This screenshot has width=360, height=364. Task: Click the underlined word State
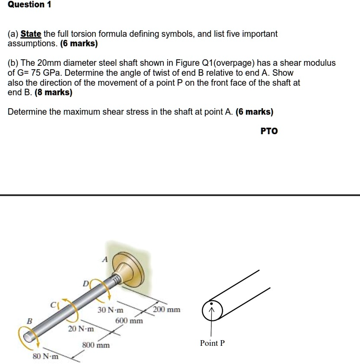[31, 34]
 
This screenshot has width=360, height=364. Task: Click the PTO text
[269, 131]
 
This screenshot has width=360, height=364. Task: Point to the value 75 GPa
[45, 73]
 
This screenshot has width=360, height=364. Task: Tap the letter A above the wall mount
[104, 260]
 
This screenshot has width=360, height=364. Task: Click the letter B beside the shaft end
[29, 321]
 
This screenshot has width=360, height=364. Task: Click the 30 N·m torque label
[110, 310]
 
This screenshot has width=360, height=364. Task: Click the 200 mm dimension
[166, 310]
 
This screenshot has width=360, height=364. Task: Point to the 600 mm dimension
[129, 321]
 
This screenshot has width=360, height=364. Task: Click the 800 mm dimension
[96, 345]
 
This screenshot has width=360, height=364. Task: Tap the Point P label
[212, 343]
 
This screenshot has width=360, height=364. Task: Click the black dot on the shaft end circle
[211, 305]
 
